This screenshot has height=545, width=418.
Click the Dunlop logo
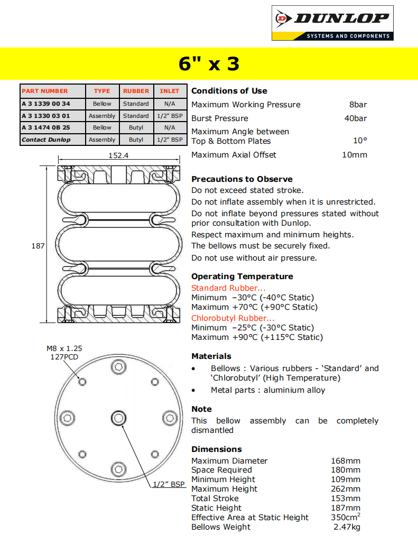click(x=332, y=23)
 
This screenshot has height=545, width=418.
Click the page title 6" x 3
click(x=209, y=64)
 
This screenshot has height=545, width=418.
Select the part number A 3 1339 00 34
click(x=46, y=104)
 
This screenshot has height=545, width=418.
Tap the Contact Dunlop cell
click(x=46, y=140)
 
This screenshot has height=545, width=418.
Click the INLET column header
click(x=170, y=91)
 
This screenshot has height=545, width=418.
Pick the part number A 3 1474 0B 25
click(x=46, y=127)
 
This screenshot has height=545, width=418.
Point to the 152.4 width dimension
click(x=118, y=155)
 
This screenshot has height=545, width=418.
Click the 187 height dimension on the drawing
click(x=38, y=246)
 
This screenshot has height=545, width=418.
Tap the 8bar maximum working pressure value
click(x=358, y=105)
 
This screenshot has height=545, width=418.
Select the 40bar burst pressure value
click(x=355, y=118)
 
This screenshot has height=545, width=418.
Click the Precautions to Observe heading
click(x=241, y=179)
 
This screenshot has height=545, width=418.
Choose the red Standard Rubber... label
click(x=228, y=288)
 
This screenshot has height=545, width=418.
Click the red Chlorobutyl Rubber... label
click(x=233, y=318)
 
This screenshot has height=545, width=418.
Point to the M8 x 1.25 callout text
click(x=64, y=348)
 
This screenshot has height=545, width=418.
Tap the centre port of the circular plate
click(x=118, y=418)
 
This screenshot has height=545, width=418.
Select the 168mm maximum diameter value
click(x=346, y=461)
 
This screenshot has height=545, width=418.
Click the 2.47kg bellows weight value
click(x=347, y=527)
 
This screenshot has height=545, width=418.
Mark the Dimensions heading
click(x=217, y=449)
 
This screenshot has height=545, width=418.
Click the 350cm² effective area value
click(x=346, y=517)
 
